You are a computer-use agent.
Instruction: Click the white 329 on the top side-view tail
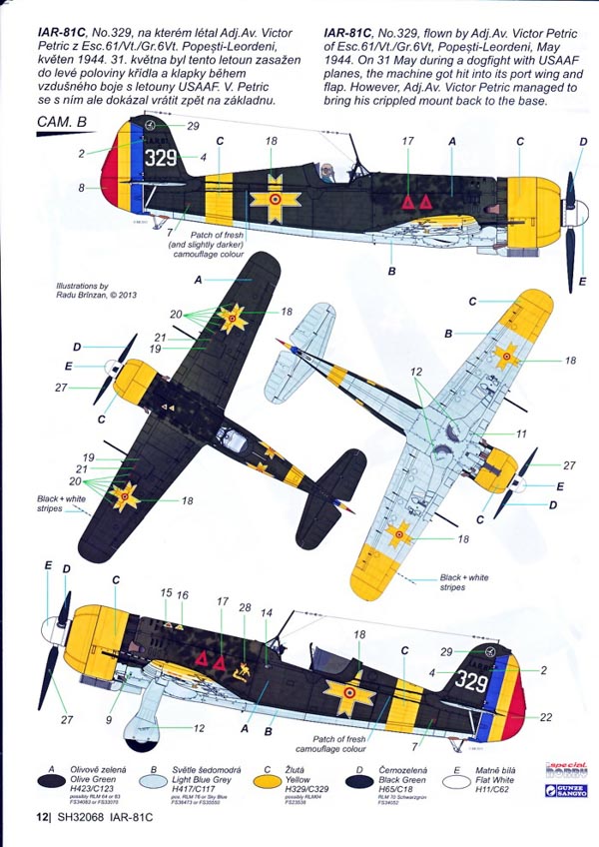163,157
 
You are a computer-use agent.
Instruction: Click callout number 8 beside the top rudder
83,187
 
